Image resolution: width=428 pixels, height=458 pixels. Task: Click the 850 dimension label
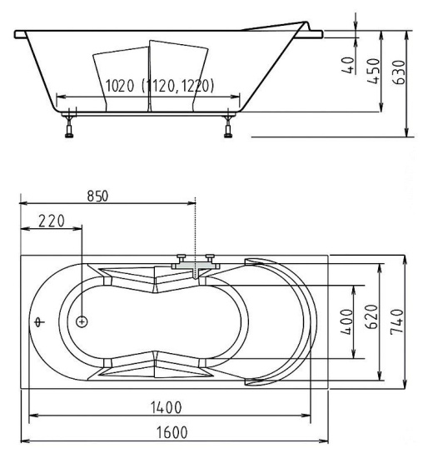[97, 196]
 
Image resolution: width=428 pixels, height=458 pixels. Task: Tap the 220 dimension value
[52, 222]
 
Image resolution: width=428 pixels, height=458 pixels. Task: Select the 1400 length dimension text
[166, 407]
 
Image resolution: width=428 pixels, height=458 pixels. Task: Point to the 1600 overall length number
[172, 432]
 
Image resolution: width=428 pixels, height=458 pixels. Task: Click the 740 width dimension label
[396, 321]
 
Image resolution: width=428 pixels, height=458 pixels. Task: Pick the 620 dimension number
[371, 316]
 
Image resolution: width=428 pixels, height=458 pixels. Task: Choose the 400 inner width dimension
[346, 321]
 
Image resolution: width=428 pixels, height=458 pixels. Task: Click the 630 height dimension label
[399, 72]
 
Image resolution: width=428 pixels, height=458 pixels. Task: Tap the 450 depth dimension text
[374, 72]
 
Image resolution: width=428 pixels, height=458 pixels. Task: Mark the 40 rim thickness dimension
[348, 65]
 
